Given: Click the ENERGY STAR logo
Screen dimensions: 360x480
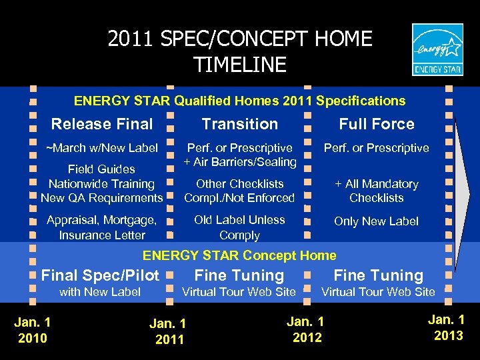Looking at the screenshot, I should pyautogui.click(x=437, y=50).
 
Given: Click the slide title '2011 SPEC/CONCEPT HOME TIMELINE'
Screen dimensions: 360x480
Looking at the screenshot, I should pyautogui.click(x=240, y=51).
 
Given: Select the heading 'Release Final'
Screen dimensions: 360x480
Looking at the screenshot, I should pyautogui.click(x=102, y=124).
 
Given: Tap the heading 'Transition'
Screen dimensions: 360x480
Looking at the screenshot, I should pyautogui.click(x=240, y=124).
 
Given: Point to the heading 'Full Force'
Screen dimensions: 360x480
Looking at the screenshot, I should pyautogui.click(x=377, y=124).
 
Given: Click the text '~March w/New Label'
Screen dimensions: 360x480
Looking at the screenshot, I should pyautogui.click(x=101, y=148).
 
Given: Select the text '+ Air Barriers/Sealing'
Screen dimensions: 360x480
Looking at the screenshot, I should pyautogui.click(x=240, y=162).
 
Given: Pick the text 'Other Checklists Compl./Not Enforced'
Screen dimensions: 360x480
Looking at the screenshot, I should pyautogui.click(x=239, y=191).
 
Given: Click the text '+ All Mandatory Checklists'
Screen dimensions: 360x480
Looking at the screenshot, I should pyautogui.click(x=377, y=191).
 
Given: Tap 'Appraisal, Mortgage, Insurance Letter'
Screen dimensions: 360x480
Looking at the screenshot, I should pyautogui.click(x=101, y=227).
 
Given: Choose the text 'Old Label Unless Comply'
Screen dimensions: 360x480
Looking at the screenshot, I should pyautogui.click(x=239, y=227).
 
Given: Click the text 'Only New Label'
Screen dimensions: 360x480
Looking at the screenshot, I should pyautogui.click(x=377, y=221).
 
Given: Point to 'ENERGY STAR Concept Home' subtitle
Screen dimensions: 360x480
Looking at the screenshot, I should pyautogui.click(x=240, y=255).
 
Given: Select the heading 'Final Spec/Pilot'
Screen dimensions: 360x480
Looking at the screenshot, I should pyautogui.click(x=101, y=275).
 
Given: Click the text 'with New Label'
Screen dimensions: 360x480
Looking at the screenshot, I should pyautogui.click(x=100, y=292).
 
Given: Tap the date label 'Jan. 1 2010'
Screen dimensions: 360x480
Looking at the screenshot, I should pyautogui.click(x=33, y=330).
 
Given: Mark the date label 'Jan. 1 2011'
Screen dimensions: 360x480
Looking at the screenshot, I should pyautogui.click(x=167, y=332).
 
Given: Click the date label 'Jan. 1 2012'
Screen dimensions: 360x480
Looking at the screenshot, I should pyautogui.click(x=307, y=330).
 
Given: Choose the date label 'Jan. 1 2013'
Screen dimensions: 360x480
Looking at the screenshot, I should pyautogui.click(x=448, y=327).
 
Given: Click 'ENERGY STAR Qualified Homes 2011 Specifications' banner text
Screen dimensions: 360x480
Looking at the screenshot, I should pyautogui.click(x=239, y=101).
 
